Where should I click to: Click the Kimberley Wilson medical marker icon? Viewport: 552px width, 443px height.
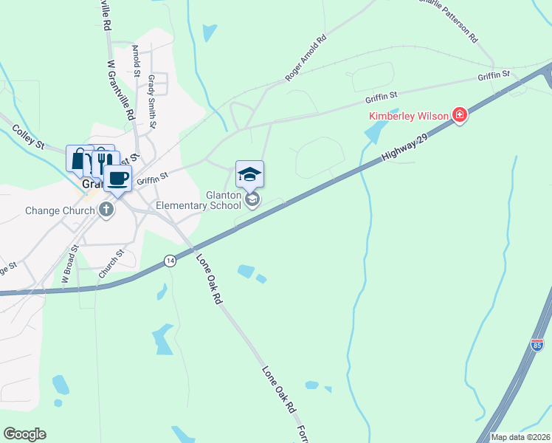coord(460,115)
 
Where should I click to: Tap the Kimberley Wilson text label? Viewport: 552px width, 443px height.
coord(410,116)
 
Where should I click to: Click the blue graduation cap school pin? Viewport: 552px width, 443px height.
coord(249,174)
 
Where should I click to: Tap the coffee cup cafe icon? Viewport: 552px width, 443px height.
coord(117,178)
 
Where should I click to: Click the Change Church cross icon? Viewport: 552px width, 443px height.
coord(106,210)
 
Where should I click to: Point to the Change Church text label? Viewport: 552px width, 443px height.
coord(60,210)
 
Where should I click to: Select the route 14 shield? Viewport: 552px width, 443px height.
coord(170,261)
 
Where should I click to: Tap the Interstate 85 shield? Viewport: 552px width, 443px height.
coord(537,345)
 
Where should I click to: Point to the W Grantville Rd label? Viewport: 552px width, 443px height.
coord(120,92)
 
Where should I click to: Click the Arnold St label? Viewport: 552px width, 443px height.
coord(136,61)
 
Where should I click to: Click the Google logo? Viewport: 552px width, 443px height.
coord(24,434)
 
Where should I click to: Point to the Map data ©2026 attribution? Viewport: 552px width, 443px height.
coord(520,437)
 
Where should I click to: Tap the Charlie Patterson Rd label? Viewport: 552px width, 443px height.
coord(447,17)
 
